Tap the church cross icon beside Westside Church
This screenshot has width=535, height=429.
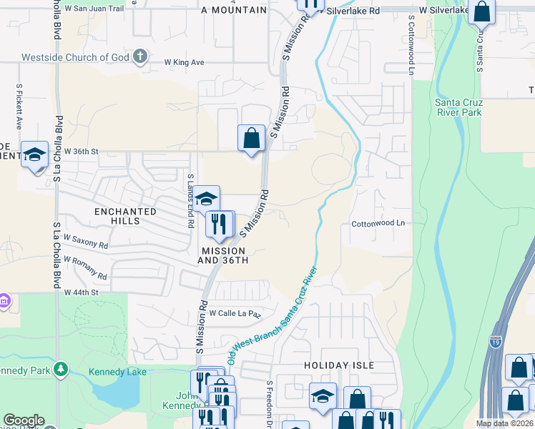[x=140, y=56]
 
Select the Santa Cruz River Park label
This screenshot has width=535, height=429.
[x=458, y=107]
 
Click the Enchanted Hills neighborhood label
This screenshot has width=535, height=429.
[x=126, y=216]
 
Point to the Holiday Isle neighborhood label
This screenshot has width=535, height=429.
[x=339, y=365]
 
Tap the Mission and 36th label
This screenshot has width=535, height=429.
[x=223, y=255]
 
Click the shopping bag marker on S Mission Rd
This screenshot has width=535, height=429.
[x=251, y=138]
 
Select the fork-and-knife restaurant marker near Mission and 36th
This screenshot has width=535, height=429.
[x=220, y=224]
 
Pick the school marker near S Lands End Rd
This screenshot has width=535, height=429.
[x=206, y=199]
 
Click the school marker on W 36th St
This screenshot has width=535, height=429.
[x=34, y=156]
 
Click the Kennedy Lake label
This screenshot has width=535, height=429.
[x=117, y=372]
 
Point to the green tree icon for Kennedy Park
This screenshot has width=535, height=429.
[x=62, y=369]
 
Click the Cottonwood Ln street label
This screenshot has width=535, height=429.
[x=378, y=223]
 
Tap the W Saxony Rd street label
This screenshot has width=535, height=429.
[x=86, y=241]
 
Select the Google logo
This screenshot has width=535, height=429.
[x=24, y=420]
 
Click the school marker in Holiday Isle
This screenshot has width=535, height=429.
[x=323, y=395]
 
